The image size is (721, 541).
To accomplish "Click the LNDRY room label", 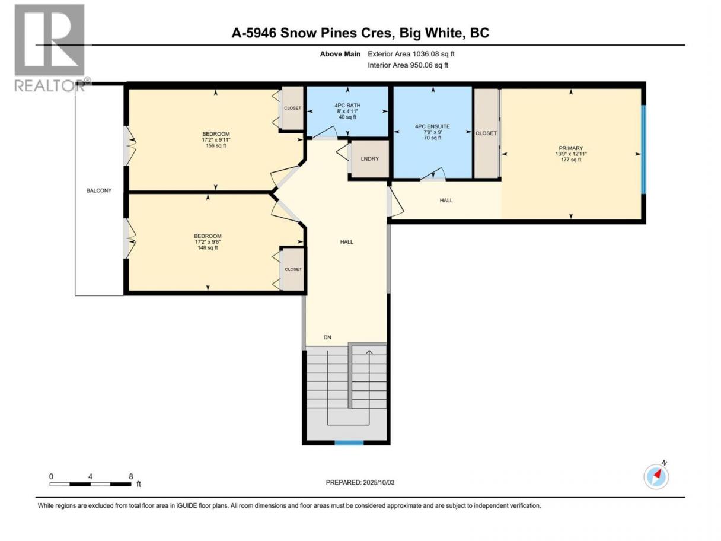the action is point(369,158).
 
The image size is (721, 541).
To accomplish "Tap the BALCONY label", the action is point(99,190).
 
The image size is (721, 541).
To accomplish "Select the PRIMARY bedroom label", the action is point(570,148).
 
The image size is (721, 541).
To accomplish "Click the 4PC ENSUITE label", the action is point(432,126).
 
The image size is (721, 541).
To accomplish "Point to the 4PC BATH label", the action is point(347,106).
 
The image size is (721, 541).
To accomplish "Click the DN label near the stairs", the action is point(327,338).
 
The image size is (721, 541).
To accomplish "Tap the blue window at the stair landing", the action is point(349,443).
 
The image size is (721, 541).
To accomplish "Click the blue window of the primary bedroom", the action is point(643,149).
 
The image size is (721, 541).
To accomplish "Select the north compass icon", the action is point(656,476).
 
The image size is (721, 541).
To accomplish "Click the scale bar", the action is point(90,484).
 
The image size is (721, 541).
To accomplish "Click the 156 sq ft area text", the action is point(216,145).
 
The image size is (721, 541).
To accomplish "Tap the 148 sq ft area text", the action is point(208,248).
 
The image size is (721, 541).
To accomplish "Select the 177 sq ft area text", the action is point(571,160).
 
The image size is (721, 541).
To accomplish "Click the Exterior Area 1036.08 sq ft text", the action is point(411,54).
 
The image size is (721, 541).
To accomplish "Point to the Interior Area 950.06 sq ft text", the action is point(407,65).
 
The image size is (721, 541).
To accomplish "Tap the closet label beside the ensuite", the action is point(486,133).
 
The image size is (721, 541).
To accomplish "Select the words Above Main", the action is point(340,54).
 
